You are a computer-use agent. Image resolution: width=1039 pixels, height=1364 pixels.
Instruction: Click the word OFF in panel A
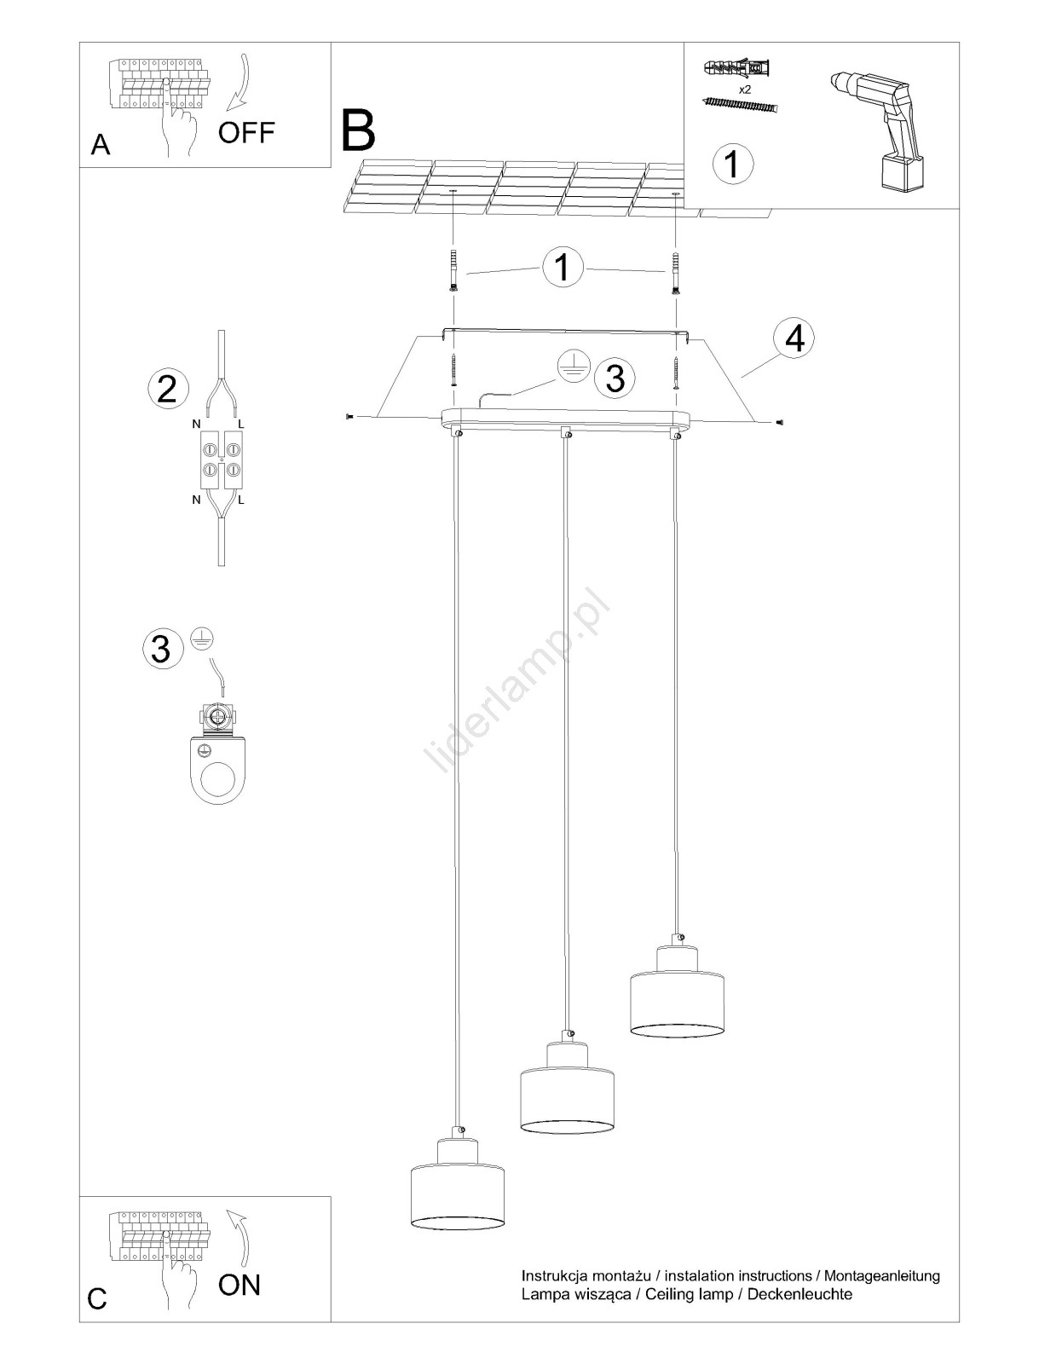(x=246, y=132)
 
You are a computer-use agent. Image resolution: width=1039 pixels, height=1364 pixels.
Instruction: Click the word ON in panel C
(x=240, y=1285)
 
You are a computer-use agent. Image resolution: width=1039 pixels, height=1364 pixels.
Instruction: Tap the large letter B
(x=358, y=130)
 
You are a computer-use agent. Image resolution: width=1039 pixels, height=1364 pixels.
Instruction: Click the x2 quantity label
(x=745, y=90)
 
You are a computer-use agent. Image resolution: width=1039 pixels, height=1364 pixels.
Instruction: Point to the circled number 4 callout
(x=794, y=339)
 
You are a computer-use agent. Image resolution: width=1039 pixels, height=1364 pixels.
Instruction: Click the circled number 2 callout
(x=168, y=390)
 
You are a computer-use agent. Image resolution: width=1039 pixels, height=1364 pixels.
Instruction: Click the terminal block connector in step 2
(x=221, y=459)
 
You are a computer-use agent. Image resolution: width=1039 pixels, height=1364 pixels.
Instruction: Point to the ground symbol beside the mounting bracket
(x=573, y=367)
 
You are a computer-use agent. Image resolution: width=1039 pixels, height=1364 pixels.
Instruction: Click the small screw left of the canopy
(x=349, y=416)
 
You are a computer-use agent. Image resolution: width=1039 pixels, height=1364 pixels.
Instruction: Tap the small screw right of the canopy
(x=779, y=423)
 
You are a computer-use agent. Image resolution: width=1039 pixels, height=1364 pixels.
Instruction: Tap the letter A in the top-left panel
(x=100, y=146)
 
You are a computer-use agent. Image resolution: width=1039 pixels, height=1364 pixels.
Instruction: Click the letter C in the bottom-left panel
(x=97, y=1298)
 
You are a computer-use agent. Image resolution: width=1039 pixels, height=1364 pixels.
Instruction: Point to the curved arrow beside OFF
(x=240, y=82)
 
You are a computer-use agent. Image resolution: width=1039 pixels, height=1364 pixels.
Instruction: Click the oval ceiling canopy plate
(x=565, y=420)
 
